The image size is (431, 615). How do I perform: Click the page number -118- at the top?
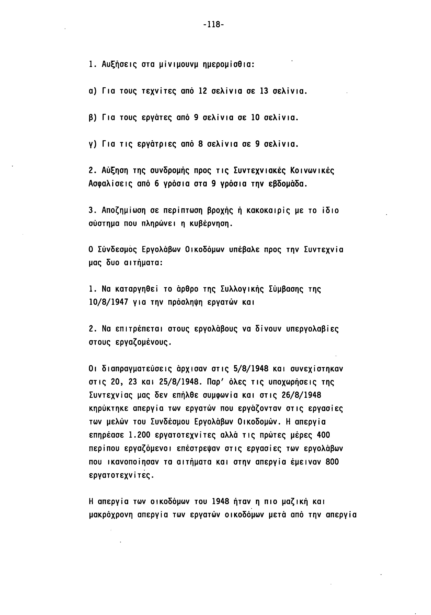pos(213,25)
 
